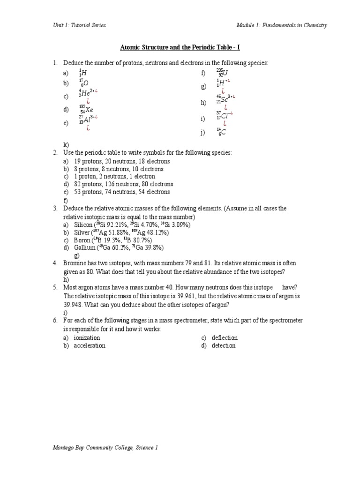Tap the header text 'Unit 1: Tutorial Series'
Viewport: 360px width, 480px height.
click(x=79, y=25)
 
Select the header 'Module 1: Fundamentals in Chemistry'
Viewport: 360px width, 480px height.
click(x=282, y=25)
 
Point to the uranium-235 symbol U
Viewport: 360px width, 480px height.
click(x=225, y=73)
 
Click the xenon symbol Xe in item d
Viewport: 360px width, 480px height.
click(x=89, y=110)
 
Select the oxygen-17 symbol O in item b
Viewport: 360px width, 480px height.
click(x=86, y=83)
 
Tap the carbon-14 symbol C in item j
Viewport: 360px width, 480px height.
click(x=224, y=133)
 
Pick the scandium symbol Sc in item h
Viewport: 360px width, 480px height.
click(x=225, y=100)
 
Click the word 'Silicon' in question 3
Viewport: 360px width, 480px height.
click(x=83, y=225)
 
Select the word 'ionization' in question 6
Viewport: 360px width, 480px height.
click(x=87, y=337)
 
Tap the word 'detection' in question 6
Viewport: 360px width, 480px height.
click(x=224, y=345)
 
